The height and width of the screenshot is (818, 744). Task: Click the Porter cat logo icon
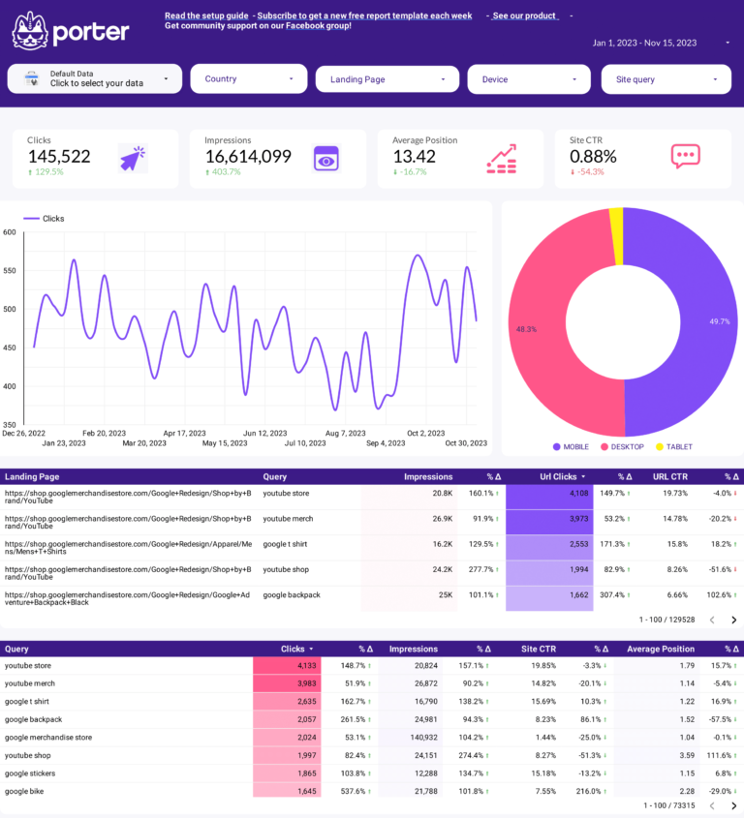tap(30, 31)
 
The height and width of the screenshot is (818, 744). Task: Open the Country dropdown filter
tap(249, 79)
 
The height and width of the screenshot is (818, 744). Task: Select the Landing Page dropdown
tap(387, 79)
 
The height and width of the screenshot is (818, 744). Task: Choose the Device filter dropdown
tap(528, 79)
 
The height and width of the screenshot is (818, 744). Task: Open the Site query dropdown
tap(666, 79)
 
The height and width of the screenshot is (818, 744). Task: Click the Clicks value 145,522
tap(59, 156)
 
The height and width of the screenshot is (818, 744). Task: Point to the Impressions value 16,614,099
tap(248, 156)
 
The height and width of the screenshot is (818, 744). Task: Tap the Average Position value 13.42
tap(414, 156)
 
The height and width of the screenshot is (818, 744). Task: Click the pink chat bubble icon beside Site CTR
tap(685, 157)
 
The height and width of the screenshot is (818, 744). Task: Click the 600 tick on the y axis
tap(10, 232)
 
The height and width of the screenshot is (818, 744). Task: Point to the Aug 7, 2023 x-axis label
tap(345, 433)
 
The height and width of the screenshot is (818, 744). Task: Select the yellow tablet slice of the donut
tap(616, 235)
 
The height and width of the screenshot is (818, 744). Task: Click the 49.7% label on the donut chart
tap(719, 321)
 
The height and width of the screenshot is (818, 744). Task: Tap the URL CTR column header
tap(670, 476)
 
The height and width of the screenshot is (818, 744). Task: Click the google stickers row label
tap(30, 773)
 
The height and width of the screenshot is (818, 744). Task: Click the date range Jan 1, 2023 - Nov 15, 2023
tap(645, 43)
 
